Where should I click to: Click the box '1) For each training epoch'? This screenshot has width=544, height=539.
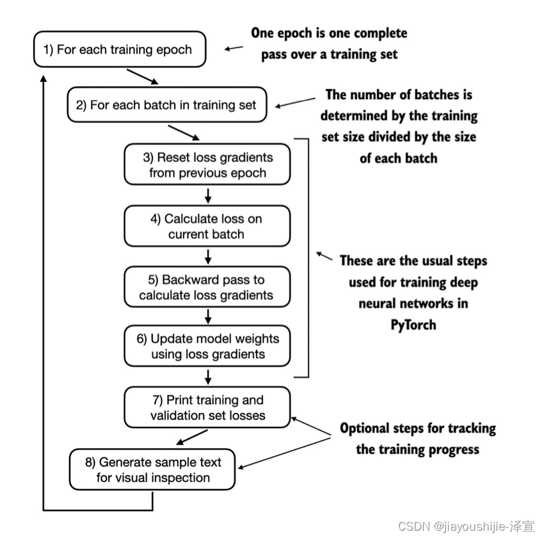click(x=120, y=49)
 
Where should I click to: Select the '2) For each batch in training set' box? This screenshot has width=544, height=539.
click(x=166, y=105)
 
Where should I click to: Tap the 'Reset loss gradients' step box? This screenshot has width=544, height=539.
click(x=207, y=165)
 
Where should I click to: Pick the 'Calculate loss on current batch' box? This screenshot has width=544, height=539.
click(x=207, y=226)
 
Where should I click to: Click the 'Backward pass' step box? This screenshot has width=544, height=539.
click(x=207, y=287)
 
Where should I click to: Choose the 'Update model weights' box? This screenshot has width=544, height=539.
click(x=207, y=346)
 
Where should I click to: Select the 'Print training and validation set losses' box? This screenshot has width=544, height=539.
click(x=207, y=408)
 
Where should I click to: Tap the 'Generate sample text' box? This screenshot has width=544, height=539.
click(x=152, y=470)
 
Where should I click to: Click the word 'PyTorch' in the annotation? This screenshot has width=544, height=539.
click(x=413, y=325)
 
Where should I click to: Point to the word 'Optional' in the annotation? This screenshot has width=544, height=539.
click(x=367, y=428)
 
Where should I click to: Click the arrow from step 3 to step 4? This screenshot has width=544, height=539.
click(x=208, y=195)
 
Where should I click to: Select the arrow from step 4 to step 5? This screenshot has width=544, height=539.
click(x=208, y=257)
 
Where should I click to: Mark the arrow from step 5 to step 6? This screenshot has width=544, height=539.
click(x=208, y=316)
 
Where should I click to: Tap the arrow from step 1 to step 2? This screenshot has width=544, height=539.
click(x=141, y=77)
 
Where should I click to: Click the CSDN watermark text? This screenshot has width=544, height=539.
click(x=465, y=526)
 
